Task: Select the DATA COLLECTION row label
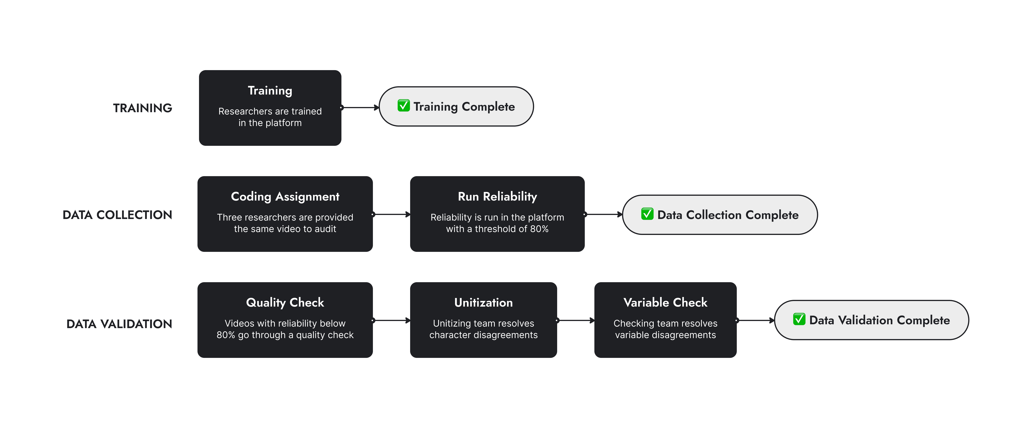(117, 215)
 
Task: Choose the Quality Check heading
(285, 303)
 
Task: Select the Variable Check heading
(665, 303)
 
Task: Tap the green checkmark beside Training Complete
(403, 106)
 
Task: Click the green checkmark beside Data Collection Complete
(647, 214)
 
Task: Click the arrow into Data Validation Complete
(755, 320)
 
